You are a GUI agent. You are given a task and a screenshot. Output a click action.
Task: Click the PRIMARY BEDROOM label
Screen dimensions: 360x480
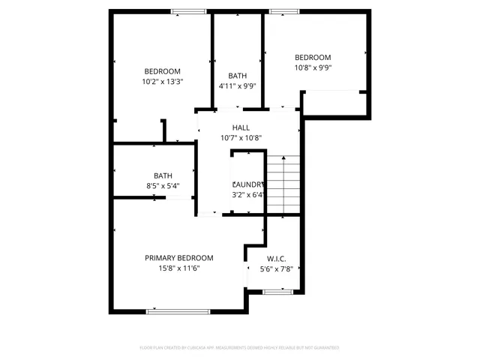click(x=178, y=257)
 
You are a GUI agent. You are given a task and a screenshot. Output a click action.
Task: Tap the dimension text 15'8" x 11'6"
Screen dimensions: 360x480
click(x=178, y=268)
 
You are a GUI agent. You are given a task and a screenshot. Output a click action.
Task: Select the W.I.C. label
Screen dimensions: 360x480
click(x=273, y=259)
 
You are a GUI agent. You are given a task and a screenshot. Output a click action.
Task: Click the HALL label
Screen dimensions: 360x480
click(x=241, y=127)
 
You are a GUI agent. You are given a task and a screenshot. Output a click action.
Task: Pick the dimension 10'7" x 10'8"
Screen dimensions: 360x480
click(x=241, y=138)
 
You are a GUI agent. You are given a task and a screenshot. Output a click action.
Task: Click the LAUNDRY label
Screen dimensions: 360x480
click(x=248, y=184)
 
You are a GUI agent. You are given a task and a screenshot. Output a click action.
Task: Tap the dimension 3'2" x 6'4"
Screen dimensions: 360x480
click(x=248, y=195)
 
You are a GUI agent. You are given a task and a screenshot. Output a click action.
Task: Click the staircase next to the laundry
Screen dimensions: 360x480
click(x=284, y=184)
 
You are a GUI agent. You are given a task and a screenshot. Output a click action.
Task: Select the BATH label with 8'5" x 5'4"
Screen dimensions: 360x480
click(x=163, y=175)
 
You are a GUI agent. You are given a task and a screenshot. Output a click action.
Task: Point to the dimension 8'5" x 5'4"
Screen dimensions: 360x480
click(x=163, y=186)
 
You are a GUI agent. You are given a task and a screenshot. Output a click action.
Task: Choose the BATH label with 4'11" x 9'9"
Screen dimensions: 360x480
click(x=238, y=76)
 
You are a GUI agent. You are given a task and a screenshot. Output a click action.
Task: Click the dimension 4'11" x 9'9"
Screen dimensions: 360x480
click(x=238, y=86)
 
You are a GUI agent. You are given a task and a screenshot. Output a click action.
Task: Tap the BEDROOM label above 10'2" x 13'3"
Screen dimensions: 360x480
click(x=162, y=71)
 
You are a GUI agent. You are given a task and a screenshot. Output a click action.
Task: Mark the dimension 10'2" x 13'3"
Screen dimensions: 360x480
click(x=162, y=82)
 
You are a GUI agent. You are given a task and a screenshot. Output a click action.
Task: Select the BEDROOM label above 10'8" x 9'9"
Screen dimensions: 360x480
click(x=313, y=58)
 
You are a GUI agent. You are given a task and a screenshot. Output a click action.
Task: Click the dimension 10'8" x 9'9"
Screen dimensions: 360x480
click(x=313, y=67)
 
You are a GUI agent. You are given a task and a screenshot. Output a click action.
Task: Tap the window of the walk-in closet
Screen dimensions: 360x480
click(x=276, y=292)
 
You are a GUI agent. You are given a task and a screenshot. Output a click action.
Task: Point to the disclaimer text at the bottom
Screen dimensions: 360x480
click(x=240, y=348)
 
